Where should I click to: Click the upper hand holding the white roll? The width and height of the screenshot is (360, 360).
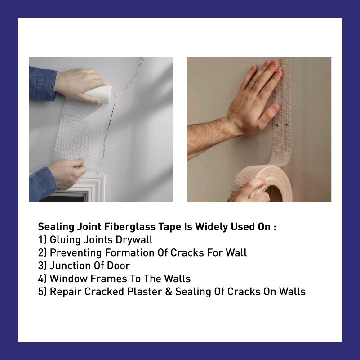coord(81,83)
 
